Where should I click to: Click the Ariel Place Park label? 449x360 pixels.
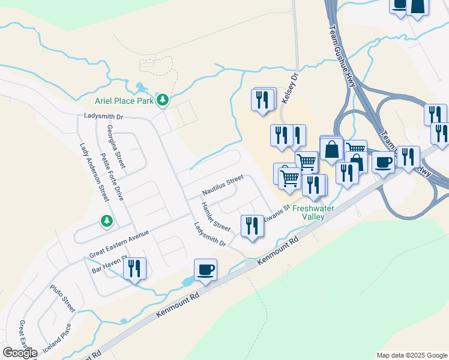124,101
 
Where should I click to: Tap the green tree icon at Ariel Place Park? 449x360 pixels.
162,100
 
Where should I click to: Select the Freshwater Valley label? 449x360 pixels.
313,212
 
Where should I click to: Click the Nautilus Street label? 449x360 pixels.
223,185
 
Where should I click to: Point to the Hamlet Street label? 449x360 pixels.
215,217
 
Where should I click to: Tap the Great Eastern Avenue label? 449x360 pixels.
118,245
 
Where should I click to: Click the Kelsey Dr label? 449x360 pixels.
289,89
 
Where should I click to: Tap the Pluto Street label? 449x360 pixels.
62,298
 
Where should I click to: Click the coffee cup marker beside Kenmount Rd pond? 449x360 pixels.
205,269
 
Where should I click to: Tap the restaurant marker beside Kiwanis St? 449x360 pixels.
252,226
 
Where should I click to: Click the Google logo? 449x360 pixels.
20,353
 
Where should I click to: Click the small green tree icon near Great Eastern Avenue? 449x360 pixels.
106,221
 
